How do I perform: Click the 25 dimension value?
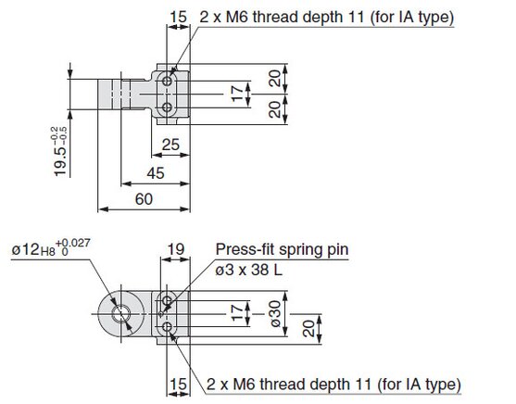170,145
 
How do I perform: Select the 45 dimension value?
156,173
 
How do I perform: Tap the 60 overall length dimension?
144,199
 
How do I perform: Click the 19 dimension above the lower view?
176,249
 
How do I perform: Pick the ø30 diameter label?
275,314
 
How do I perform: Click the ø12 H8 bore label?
33,249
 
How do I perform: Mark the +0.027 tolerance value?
73,243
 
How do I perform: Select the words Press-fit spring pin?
282,249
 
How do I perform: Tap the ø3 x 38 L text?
249,270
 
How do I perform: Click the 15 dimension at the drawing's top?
179,17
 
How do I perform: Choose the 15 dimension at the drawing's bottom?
179,385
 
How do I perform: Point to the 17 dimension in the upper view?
237,95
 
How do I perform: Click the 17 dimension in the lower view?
237,313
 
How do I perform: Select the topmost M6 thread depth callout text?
327,17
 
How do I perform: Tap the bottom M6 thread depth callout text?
334,385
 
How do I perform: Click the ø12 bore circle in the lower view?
121,313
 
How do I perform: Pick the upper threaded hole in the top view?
167,81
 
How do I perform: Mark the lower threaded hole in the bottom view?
167,327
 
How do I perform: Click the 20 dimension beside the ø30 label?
308,329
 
